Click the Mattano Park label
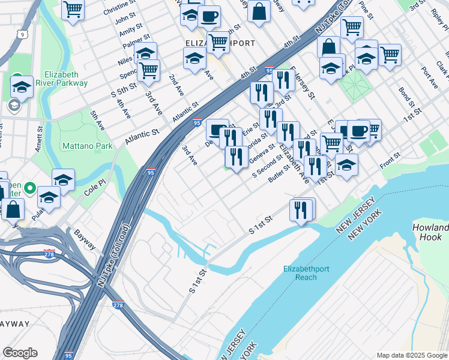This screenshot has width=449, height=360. (87, 146)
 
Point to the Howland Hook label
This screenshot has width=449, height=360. (430, 232)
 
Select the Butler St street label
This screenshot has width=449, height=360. (279, 173)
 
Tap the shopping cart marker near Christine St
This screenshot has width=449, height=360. (73, 10)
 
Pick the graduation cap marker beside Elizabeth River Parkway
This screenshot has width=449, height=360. (22, 87)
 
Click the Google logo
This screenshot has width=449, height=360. (20, 353)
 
